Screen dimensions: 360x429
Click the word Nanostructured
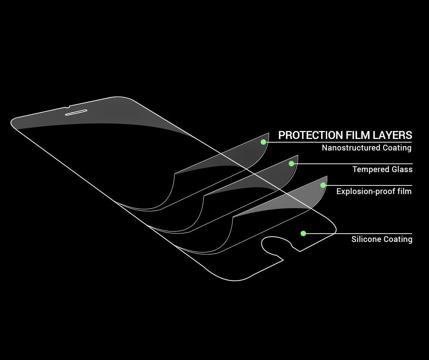pos(351,148)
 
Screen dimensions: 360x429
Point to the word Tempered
pos(370,170)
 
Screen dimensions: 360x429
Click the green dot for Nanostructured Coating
pos(264,142)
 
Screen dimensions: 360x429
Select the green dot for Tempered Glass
pos(292,164)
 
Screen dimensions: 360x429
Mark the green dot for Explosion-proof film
pos(323,185)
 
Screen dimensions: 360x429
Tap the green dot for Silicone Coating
pos(303,234)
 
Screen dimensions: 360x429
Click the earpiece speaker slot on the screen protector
pos(77,112)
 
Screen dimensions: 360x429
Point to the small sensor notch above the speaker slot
pos(68,107)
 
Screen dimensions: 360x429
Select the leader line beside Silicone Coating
pos(360,234)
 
